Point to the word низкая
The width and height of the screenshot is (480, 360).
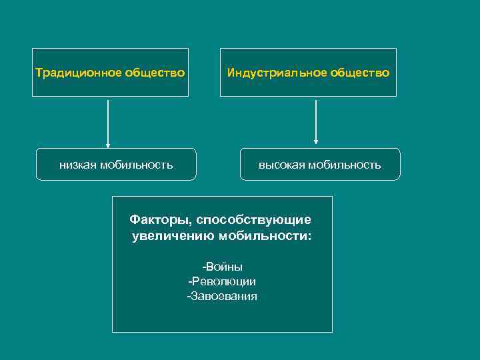click(x=77, y=165)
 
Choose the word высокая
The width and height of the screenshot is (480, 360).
click(x=280, y=165)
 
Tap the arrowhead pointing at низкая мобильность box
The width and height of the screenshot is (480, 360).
click(x=108, y=145)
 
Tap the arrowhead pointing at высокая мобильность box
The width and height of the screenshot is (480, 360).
click(x=316, y=141)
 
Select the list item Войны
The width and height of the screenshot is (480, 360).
click(x=224, y=267)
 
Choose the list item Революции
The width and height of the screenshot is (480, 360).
click(x=225, y=282)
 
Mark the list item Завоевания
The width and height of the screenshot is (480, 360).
click(x=224, y=297)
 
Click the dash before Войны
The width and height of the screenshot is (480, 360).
click(x=205, y=267)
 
